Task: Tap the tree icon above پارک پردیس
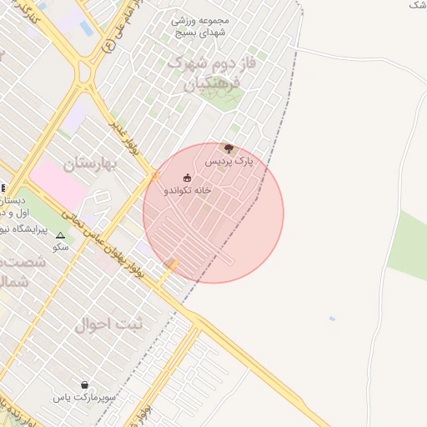[229, 148]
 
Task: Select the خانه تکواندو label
[188, 190]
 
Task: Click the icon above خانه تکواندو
[187, 178]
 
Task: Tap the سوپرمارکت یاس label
[85, 398]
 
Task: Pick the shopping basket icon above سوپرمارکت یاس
[85, 385]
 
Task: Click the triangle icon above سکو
[59, 235]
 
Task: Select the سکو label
[59, 247]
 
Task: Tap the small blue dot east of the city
[333, 319]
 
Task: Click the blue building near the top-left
[86, 28]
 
